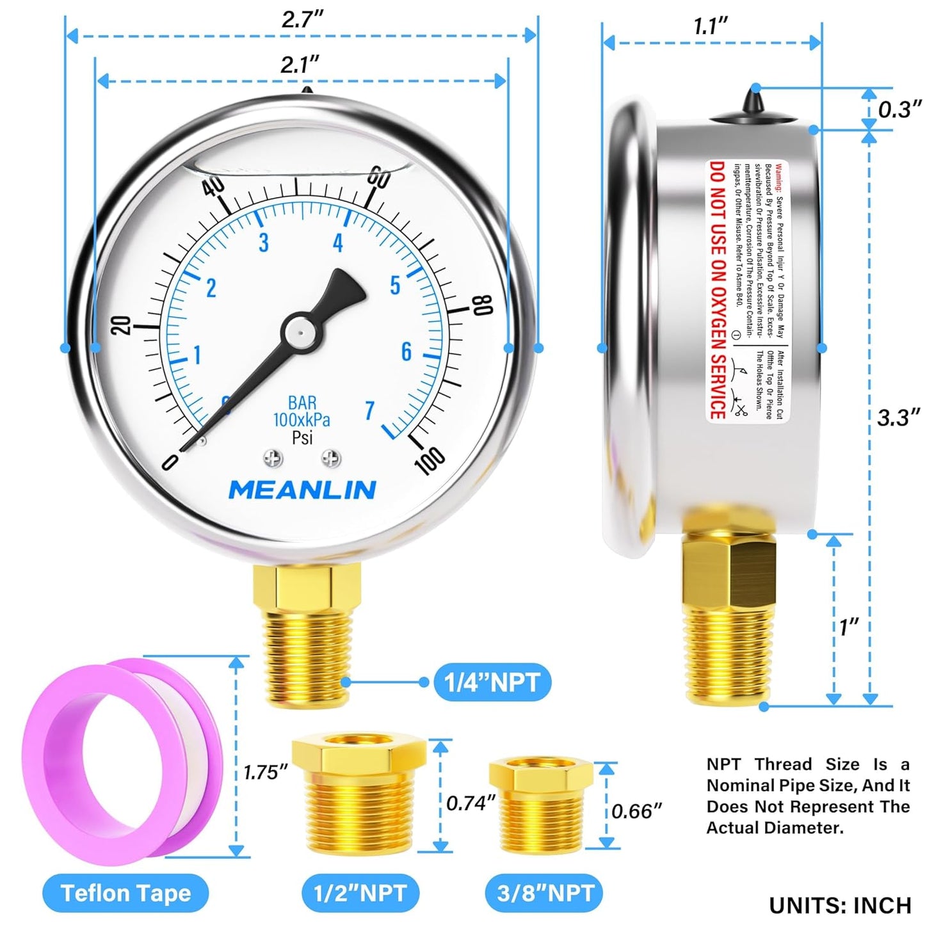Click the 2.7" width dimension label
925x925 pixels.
tap(303, 19)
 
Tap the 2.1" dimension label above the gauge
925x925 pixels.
tap(300, 65)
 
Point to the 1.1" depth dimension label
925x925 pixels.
tap(711, 27)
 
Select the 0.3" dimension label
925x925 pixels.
tap(899, 109)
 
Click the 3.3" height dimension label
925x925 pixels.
tap(898, 418)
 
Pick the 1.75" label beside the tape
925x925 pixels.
tap(266, 773)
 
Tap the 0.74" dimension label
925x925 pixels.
tap(471, 802)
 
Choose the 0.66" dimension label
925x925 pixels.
tap(636, 811)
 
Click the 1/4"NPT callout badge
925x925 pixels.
tap(492, 682)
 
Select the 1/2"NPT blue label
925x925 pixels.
tap(360, 893)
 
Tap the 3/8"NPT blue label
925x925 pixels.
tap(546, 893)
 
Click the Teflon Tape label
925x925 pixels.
tap(125, 893)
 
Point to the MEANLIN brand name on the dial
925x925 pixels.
tap(302, 490)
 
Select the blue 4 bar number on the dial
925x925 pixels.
tap(338, 243)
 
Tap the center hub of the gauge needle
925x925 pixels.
tap(298, 331)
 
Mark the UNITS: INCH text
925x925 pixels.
tap(840, 905)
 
